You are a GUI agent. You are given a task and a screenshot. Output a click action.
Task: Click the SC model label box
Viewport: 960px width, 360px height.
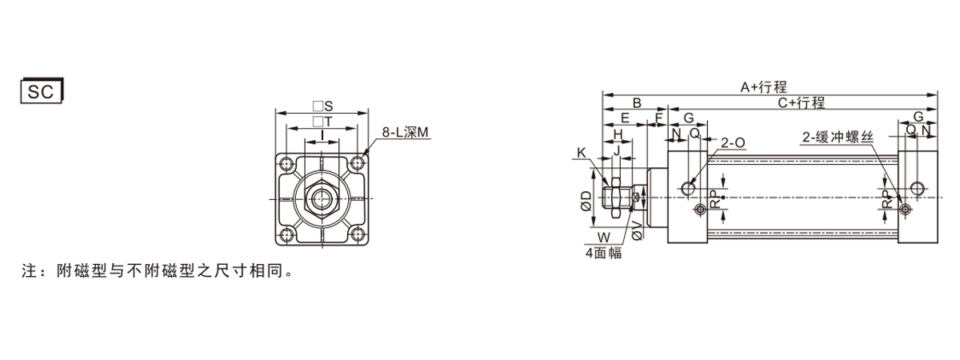point(42,91)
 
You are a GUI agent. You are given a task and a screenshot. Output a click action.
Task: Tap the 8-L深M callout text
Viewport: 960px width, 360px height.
point(405,133)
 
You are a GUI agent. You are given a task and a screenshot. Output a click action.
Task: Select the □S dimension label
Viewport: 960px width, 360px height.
point(322,106)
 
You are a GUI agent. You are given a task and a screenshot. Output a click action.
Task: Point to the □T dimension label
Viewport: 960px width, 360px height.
point(322,122)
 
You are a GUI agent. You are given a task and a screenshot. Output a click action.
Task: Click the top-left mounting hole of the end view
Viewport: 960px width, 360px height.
point(286,164)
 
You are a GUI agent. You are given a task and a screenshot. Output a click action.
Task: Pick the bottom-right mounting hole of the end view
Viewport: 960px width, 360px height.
point(358,234)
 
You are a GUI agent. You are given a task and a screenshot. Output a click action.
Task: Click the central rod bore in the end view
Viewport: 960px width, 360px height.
point(322,198)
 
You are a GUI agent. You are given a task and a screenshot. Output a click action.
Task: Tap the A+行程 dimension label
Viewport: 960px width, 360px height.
point(764,87)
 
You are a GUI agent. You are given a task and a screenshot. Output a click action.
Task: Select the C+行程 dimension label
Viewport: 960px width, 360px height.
point(801,103)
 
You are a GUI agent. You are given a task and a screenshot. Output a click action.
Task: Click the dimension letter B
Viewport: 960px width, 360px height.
point(637,103)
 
